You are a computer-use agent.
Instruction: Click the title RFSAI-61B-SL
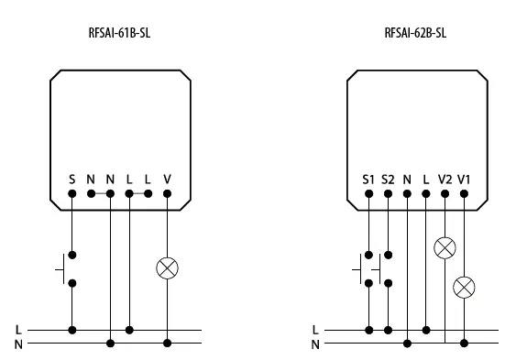tap(119, 34)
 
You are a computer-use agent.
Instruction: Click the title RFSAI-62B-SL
tap(415, 34)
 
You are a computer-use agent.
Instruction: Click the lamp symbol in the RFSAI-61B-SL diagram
tap(167, 268)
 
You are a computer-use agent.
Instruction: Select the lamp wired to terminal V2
tap(445, 248)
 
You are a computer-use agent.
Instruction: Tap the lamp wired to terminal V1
tap(465, 287)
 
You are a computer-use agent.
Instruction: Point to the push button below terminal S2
tap(382, 268)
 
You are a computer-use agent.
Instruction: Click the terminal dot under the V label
tap(167, 193)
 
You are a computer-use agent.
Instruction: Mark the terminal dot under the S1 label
tap(368, 193)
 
